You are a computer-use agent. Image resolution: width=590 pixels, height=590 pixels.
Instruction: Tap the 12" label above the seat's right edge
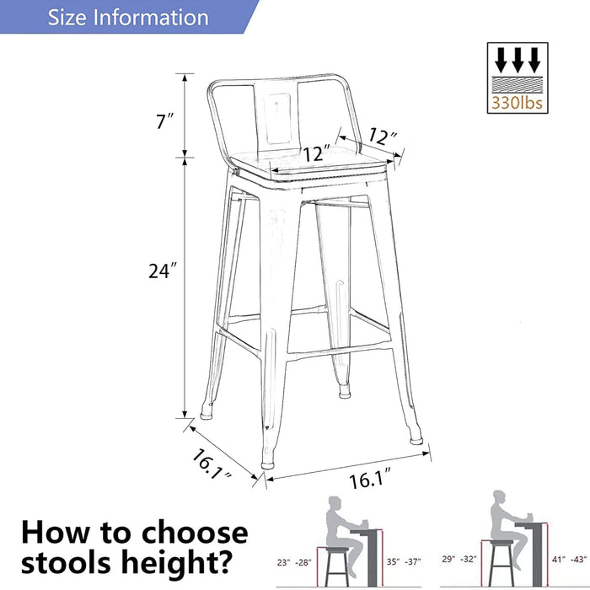383,137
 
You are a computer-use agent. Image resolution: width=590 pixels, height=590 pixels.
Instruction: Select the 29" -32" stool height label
460,558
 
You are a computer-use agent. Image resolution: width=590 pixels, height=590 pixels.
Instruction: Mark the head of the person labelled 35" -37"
333,502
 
